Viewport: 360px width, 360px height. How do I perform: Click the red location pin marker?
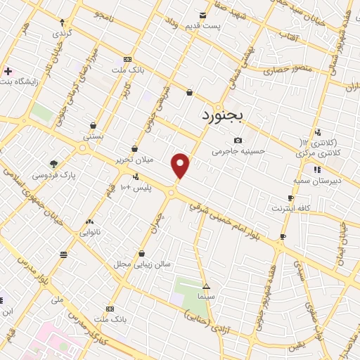(x=181, y=165)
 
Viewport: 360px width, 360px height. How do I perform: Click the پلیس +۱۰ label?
(x=131, y=187)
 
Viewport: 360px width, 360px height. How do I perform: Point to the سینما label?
(x=205, y=297)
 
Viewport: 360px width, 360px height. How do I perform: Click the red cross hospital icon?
(x=8, y=71)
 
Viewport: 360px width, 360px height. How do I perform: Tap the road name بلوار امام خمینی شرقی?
(x=229, y=214)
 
